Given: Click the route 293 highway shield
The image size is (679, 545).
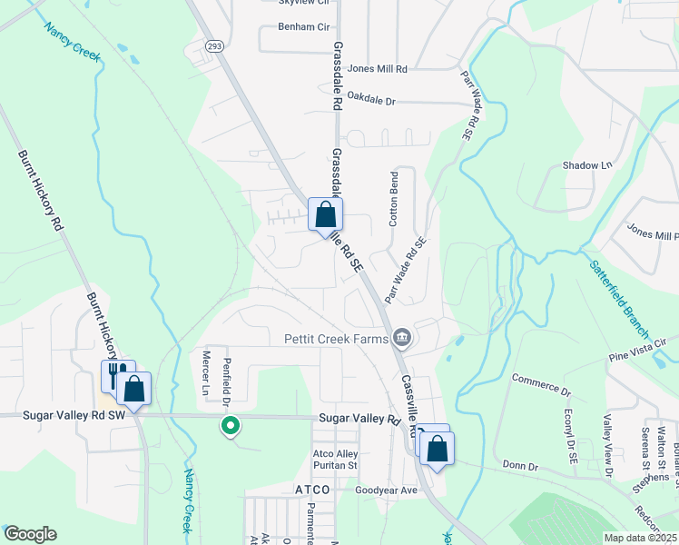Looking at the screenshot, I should (x=214, y=45).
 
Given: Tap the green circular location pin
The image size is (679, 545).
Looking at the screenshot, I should (x=231, y=424).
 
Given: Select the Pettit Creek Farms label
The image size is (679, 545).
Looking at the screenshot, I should (x=335, y=339).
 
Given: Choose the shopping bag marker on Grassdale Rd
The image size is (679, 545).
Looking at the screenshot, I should (x=325, y=216).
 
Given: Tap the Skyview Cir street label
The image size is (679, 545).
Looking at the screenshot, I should (x=305, y=4).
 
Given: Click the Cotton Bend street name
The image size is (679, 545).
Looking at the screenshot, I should (x=394, y=198).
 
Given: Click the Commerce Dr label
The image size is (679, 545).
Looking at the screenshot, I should (x=540, y=385).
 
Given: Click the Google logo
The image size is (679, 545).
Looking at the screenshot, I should (x=30, y=534).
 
